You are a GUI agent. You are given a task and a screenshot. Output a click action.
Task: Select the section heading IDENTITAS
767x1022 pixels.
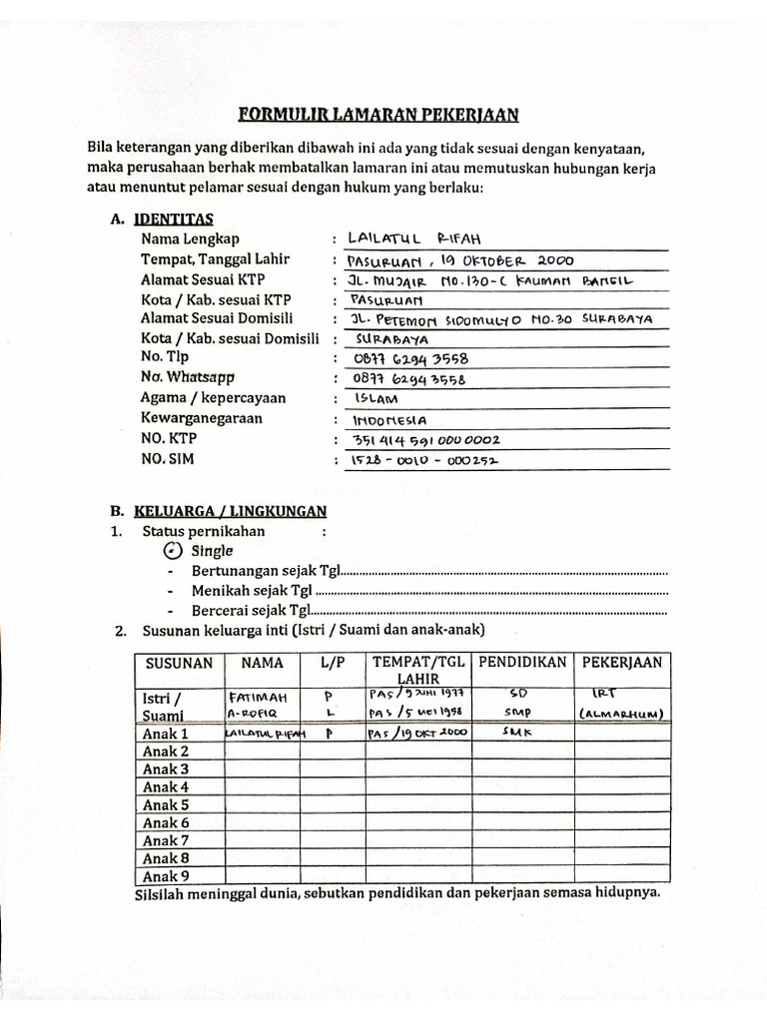[x=176, y=219]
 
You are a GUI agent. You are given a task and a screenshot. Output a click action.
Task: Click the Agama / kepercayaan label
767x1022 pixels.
[x=213, y=398]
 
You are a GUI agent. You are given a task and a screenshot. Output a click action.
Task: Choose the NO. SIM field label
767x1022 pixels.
[x=169, y=459]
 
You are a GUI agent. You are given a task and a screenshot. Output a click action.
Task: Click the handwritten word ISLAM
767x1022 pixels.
[x=375, y=399]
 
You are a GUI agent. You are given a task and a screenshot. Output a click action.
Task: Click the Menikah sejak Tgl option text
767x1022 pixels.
[x=253, y=591]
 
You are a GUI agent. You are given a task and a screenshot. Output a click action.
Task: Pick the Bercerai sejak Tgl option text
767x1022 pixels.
[x=253, y=611]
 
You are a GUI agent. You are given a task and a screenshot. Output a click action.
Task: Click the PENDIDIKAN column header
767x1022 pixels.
[x=522, y=663]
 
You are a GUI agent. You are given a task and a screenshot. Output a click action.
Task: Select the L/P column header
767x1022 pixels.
[x=332, y=663]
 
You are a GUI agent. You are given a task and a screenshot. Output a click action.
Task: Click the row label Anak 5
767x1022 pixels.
[x=166, y=805]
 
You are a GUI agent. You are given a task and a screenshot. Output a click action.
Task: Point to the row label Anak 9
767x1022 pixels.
[x=166, y=876]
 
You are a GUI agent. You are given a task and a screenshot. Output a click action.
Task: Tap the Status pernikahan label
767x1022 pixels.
[x=204, y=531]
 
